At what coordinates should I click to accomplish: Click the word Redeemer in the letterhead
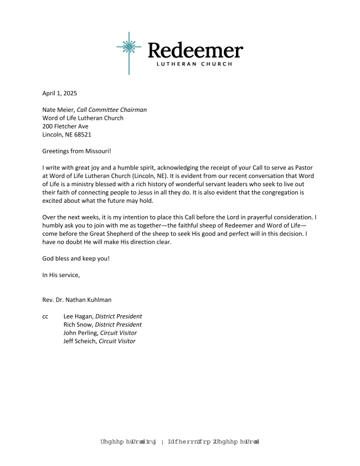click(195, 50)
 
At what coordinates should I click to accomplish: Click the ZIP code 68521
click(83, 135)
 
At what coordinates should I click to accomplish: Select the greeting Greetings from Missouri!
click(77, 151)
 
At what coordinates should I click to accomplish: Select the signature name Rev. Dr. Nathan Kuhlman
click(77, 300)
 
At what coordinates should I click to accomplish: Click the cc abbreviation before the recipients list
click(45, 316)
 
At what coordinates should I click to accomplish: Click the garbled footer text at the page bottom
click(180, 442)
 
